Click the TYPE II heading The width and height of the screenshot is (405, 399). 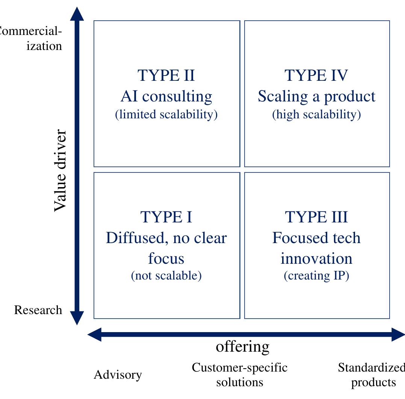point(166,75)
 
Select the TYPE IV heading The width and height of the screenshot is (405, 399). point(316,75)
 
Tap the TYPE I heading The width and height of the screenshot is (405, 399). point(166,217)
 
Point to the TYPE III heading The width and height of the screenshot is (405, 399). point(316,217)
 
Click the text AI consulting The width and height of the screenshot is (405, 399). point(166,97)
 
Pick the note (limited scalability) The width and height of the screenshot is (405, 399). point(166,115)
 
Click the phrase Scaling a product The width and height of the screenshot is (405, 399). point(316,97)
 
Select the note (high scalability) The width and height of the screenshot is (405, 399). point(316,115)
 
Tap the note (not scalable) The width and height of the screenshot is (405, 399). point(166,276)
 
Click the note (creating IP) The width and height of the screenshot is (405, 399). point(316,276)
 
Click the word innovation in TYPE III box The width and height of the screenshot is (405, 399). point(316,259)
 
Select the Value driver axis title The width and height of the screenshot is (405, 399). point(60,171)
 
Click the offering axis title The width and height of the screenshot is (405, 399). point(242,346)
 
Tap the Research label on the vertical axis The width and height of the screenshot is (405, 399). point(38,310)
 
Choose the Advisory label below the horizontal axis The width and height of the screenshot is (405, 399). point(118,375)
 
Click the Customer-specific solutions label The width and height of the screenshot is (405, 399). point(239,375)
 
